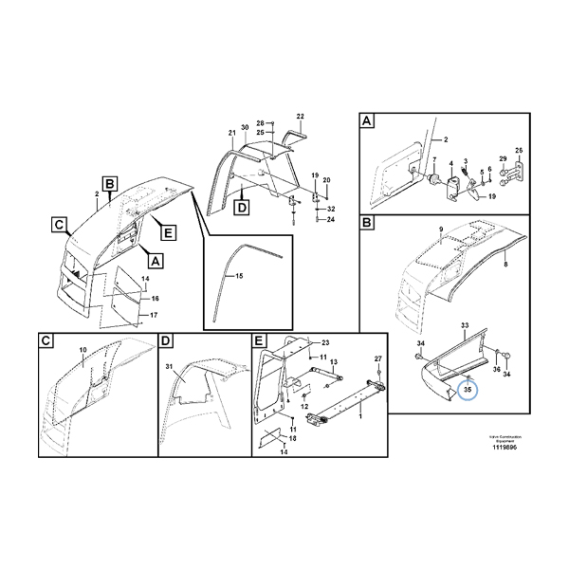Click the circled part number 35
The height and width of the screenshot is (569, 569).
[x=467, y=389]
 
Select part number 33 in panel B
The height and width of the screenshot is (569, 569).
[x=465, y=325]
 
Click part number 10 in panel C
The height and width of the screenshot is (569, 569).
[x=83, y=351]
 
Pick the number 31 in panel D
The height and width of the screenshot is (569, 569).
[x=170, y=367]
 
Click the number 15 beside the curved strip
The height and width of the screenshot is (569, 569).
[x=240, y=276]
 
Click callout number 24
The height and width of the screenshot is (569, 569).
[x=331, y=219]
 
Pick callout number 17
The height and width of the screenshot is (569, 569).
[x=155, y=314]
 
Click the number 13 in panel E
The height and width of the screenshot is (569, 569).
[x=334, y=361]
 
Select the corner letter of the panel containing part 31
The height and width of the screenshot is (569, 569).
[x=166, y=340]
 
